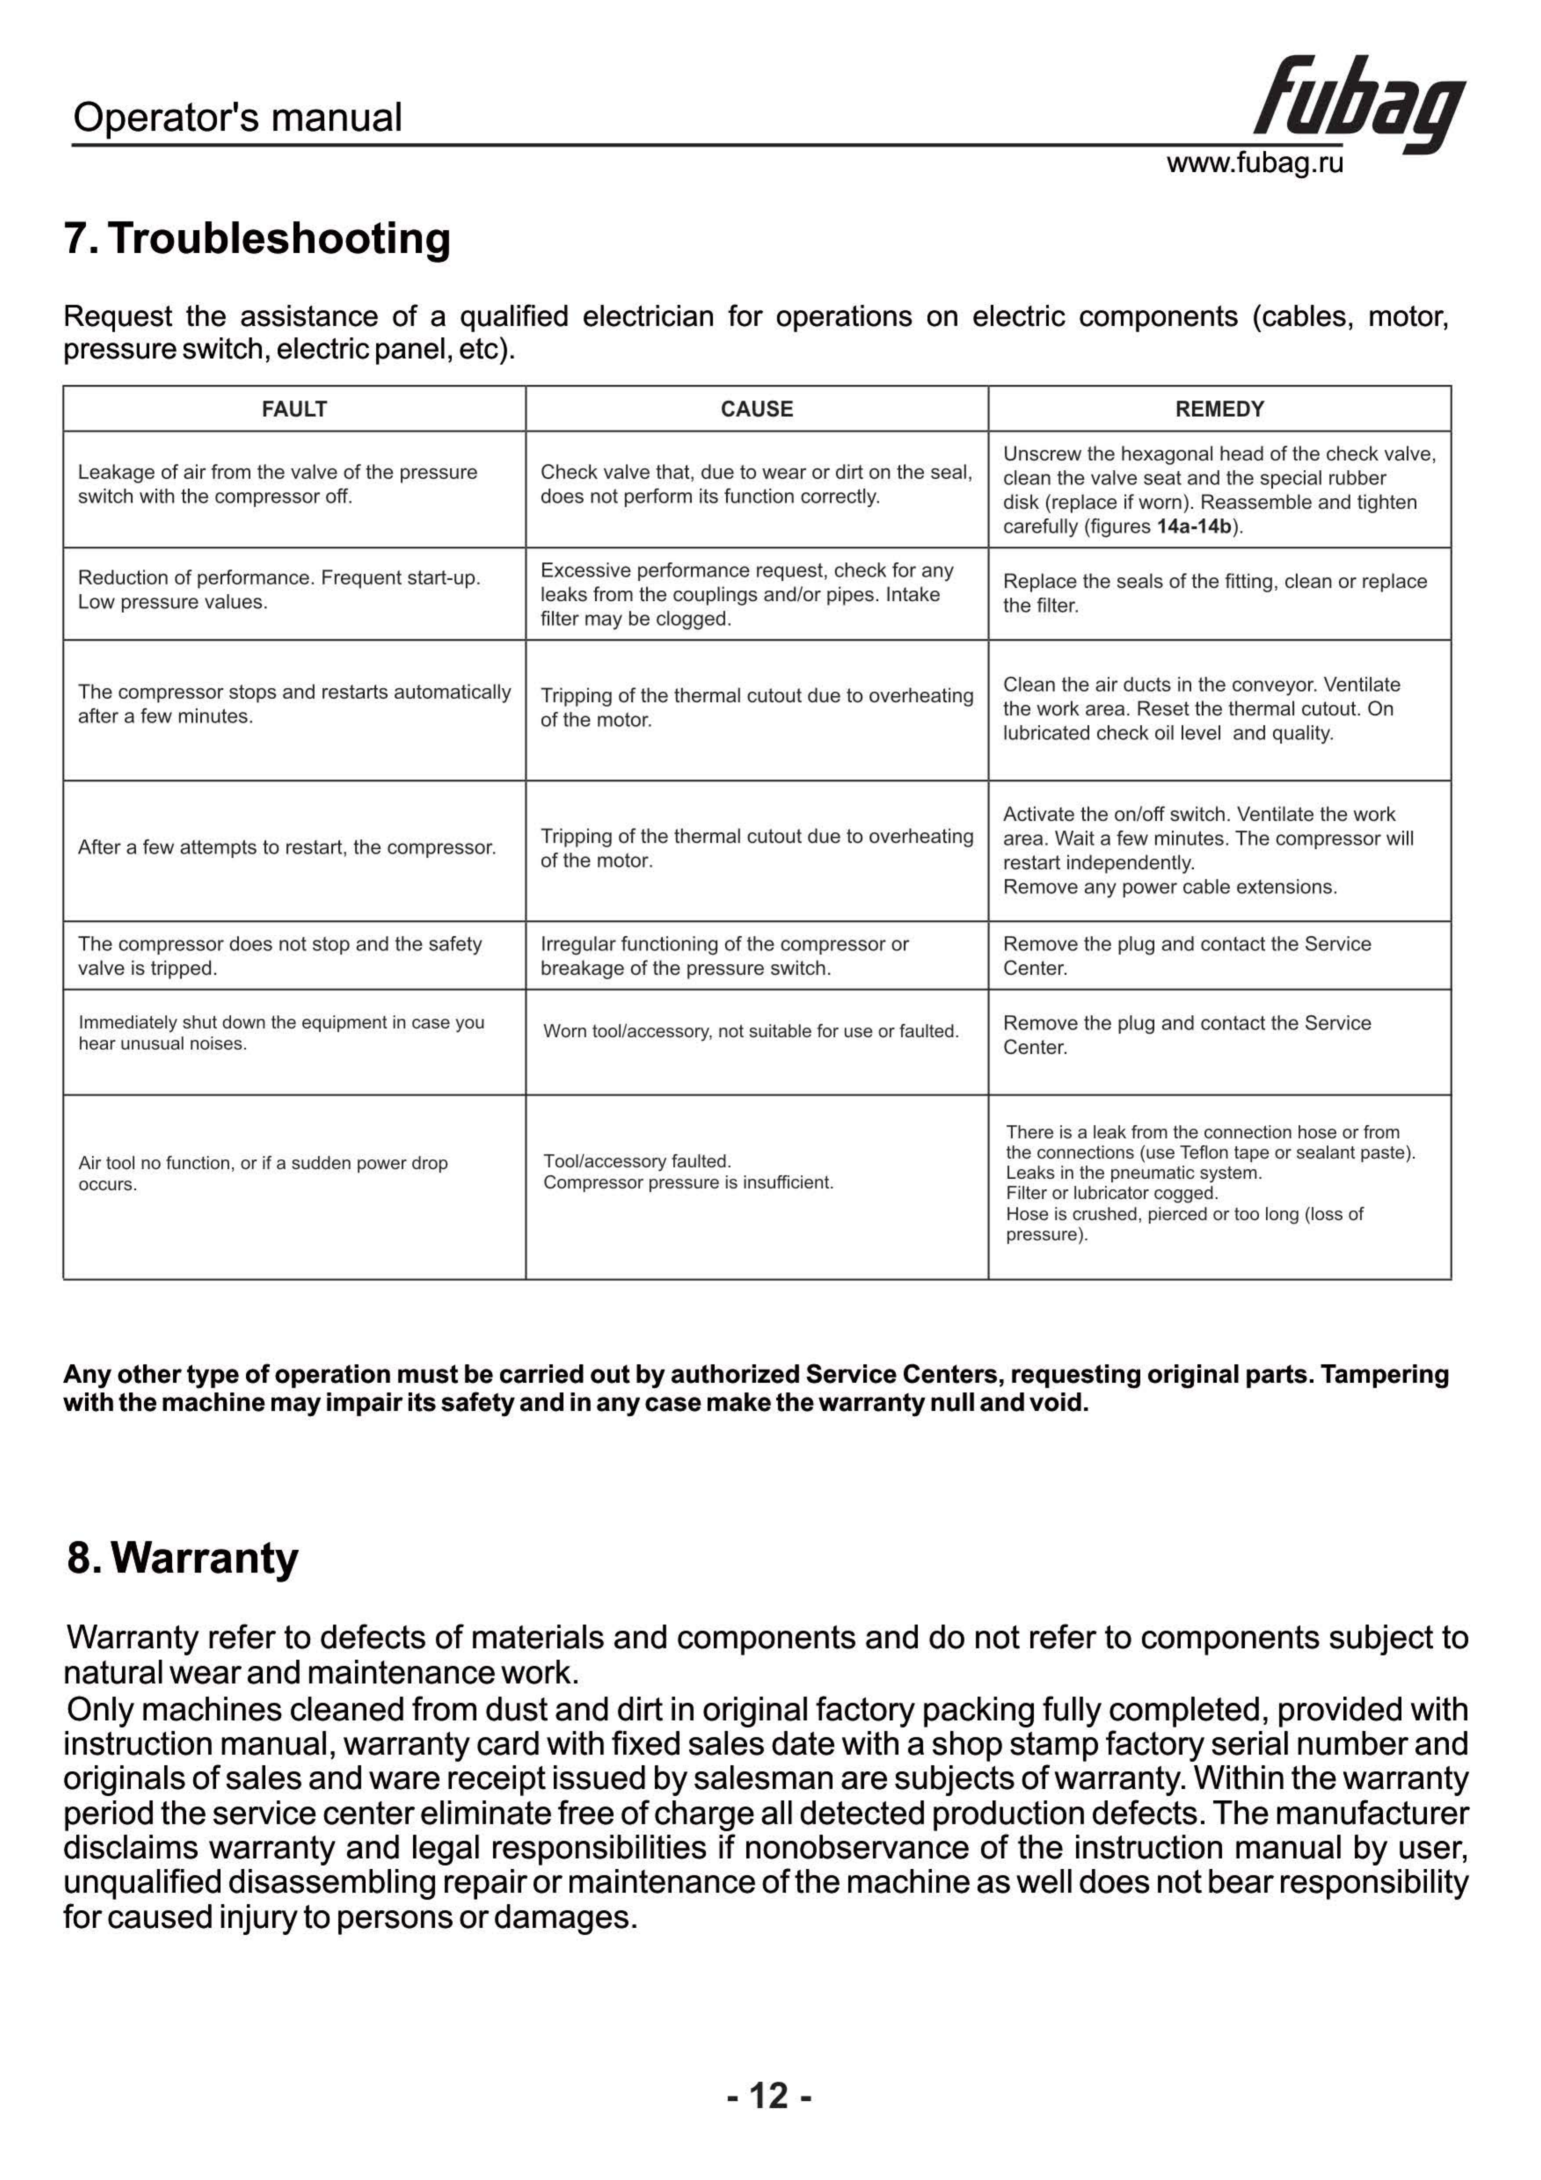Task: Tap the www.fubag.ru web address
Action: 1254,163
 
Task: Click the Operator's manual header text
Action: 237,118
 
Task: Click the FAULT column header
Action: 294,409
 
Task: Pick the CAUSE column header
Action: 757,409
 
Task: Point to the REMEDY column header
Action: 1219,409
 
